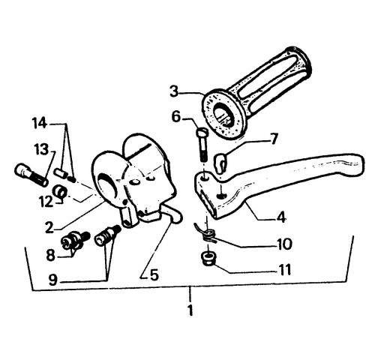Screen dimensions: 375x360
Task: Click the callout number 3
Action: click(175, 91)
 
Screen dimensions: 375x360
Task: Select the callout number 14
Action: click(40, 124)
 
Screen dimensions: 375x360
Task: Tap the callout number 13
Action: click(41, 149)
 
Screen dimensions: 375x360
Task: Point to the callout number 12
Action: click(46, 202)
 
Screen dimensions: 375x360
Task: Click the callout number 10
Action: click(284, 244)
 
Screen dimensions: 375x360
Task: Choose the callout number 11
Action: click(283, 270)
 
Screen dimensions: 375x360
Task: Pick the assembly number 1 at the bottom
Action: click(190, 310)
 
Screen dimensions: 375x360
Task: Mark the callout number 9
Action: click(52, 280)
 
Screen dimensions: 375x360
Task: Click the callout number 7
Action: click(274, 139)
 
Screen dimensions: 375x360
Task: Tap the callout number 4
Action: click(281, 217)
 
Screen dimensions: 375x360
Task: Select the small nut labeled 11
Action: click(207, 259)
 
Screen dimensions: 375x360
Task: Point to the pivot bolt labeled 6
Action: click(203, 145)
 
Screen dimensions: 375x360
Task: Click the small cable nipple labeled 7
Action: click(220, 163)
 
